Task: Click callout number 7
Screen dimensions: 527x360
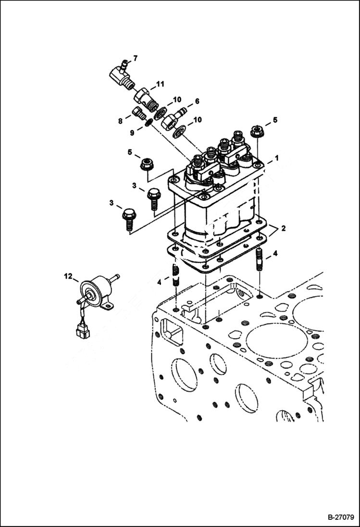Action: (136, 58)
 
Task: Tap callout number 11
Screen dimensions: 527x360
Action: (160, 84)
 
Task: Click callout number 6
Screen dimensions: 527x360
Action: (197, 102)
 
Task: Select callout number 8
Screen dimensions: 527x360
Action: (121, 122)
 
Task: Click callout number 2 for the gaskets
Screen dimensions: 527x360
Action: (284, 229)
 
